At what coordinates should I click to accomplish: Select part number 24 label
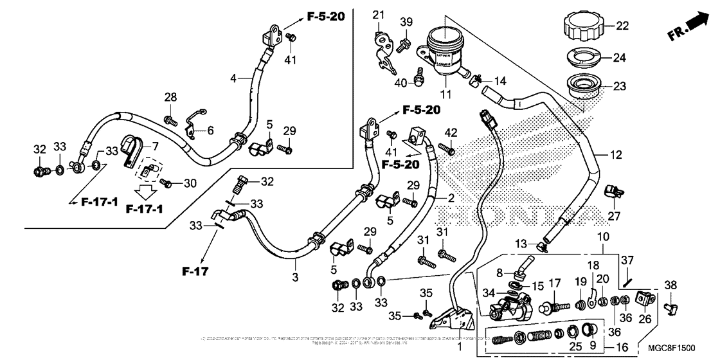pyautogui.click(x=619, y=58)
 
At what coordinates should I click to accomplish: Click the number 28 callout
pyautogui.click(x=170, y=97)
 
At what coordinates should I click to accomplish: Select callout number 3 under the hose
pyautogui.click(x=295, y=278)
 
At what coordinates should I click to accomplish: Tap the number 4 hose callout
pyautogui.click(x=234, y=78)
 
